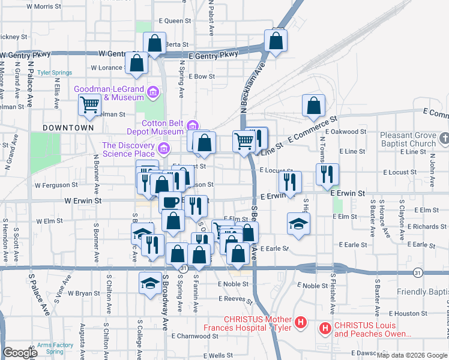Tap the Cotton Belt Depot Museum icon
(192, 125)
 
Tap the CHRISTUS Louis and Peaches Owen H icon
(325, 328)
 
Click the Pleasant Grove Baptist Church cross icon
(444, 139)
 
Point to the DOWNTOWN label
(68, 128)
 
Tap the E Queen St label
(175, 20)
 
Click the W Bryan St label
(83, 293)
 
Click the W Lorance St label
(110, 68)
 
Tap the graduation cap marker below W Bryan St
(149, 283)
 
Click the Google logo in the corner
(20, 353)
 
